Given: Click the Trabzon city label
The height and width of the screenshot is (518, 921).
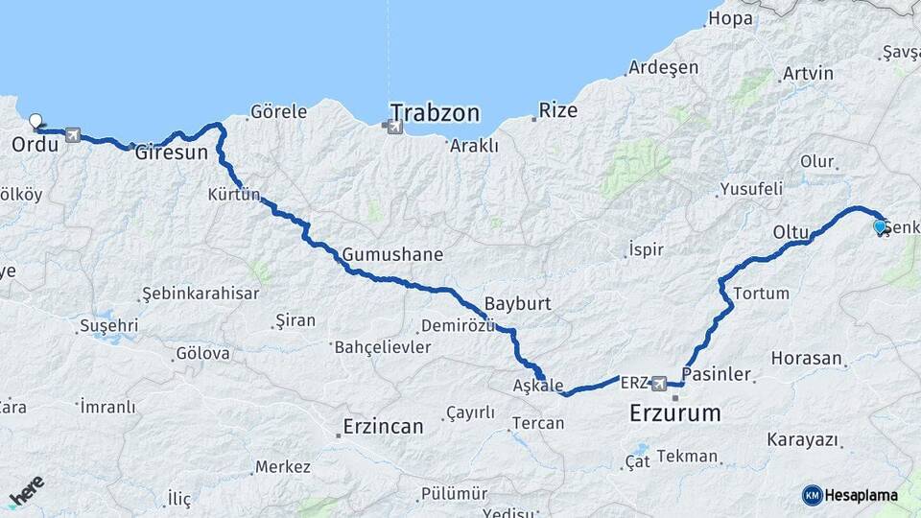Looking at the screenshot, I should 435,112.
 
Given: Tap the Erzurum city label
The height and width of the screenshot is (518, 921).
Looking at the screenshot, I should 674,413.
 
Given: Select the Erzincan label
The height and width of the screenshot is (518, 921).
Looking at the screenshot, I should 384,426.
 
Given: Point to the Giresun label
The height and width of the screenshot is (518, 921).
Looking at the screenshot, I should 171,152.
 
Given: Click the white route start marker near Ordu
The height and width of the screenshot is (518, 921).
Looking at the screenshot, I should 36,122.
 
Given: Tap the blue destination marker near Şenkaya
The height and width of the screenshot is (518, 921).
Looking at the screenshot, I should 880,226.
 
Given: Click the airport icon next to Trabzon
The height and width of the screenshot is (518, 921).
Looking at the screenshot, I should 391,125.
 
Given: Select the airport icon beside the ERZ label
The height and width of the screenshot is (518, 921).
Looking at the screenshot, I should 659,384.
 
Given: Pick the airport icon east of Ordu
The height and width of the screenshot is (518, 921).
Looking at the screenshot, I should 73,136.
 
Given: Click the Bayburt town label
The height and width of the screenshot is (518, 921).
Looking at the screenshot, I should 517,303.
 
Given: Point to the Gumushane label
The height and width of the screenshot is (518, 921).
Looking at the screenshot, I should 392,254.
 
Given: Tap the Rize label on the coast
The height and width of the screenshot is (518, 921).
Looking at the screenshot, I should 557,110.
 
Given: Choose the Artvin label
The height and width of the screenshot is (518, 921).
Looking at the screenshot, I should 808,73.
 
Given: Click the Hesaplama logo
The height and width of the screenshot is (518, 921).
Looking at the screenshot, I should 850,495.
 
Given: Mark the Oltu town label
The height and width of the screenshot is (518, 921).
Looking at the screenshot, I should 791,232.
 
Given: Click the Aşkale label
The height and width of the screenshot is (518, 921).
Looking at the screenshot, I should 538,385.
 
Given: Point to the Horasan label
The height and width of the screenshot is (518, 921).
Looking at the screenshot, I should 806,358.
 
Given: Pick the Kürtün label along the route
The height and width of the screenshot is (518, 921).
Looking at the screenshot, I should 234,195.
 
